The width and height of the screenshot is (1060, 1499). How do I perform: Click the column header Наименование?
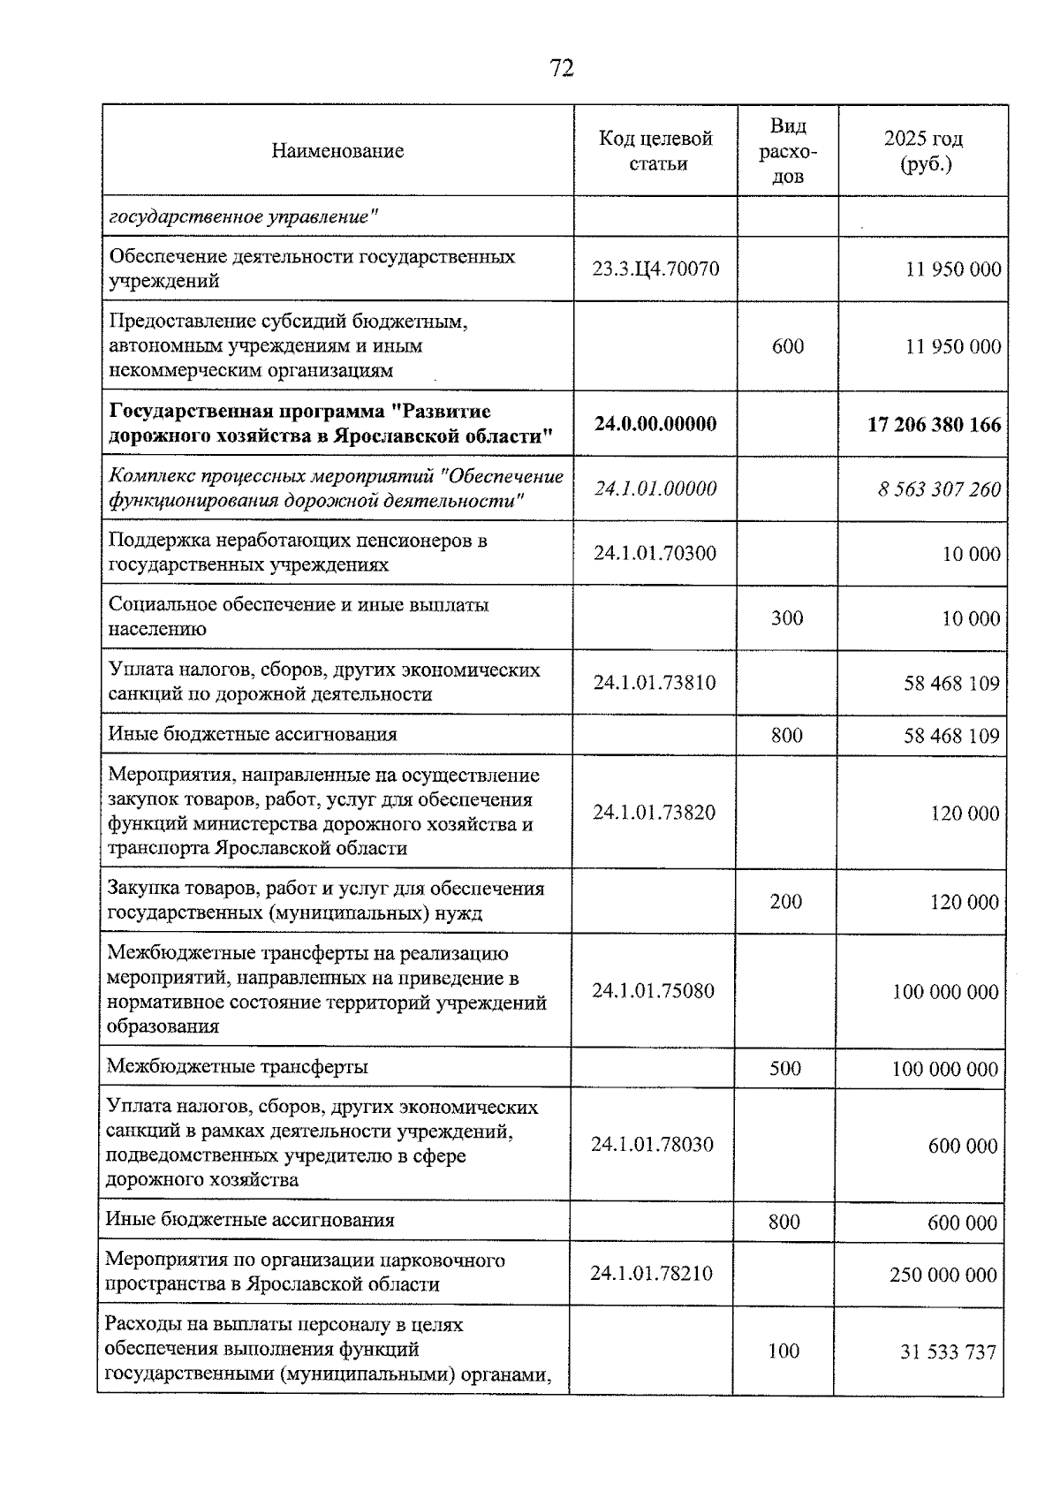click(337, 151)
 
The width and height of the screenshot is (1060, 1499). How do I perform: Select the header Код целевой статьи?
click(655, 151)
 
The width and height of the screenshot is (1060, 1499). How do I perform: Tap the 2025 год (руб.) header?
click(923, 151)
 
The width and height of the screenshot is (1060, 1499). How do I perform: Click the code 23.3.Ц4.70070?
click(655, 269)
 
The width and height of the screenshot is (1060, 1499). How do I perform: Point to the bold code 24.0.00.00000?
click(655, 424)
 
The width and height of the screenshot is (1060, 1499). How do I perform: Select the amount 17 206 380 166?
click(935, 425)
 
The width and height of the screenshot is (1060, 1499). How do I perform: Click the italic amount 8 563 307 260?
click(939, 489)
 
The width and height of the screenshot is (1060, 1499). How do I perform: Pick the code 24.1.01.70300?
click(655, 554)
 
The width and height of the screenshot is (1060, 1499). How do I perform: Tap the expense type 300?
click(786, 618)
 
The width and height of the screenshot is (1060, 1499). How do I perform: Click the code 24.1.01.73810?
click(655, 683)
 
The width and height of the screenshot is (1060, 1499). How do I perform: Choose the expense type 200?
click(785, 902)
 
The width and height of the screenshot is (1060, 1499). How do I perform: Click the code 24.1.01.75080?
click(653, 991)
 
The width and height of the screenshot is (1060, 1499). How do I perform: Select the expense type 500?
click(784, 1069)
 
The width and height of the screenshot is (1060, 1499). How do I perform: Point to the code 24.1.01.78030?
click(652, 1145)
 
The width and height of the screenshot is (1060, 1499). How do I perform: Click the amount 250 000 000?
click(943, 1275)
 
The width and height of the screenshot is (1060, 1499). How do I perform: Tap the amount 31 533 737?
click(948, 1352)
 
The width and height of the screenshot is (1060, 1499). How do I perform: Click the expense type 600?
click(787, 346)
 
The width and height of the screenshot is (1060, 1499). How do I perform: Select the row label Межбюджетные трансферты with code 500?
click(237, 1067)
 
